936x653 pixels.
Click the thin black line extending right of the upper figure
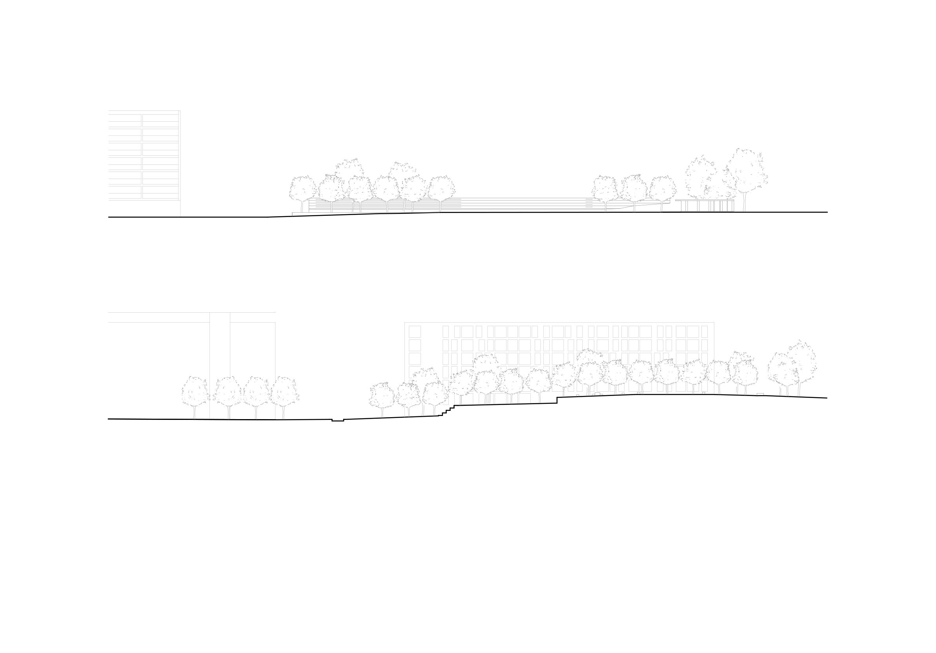tap(815, 212)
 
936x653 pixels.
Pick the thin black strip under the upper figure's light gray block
tap(138, 213)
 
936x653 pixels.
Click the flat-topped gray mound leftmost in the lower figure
tap(179, 367)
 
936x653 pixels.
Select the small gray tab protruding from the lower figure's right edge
tap(815, 359)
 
